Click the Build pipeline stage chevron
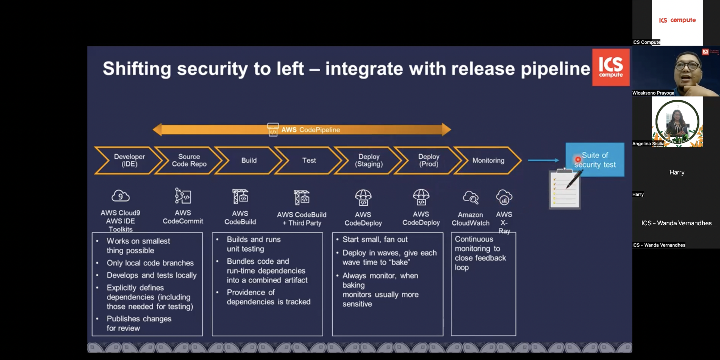tap(249, 160)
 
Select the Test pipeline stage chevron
tap(309, 160)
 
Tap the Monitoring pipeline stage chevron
tap(488, 160)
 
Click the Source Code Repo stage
tap(189, 160)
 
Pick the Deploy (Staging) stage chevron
tap(369, 160)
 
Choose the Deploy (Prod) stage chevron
tap(429, 160)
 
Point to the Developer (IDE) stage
tap(129, 160)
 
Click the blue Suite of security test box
tap(595, 160)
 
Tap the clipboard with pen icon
tap(565, 189)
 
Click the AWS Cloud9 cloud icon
tap(120, 196)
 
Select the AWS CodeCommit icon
tap(183, 196)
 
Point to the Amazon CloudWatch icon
tap(471, 197)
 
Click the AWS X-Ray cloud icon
tap(504, 197)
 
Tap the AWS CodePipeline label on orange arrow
tap(310, 130)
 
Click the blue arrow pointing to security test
tap(544, 160)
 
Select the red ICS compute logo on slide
tap(611, 67)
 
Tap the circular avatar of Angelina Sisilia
tap(677, 122)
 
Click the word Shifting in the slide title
tap(137, 69)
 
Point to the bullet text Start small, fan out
tap(375, 239)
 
